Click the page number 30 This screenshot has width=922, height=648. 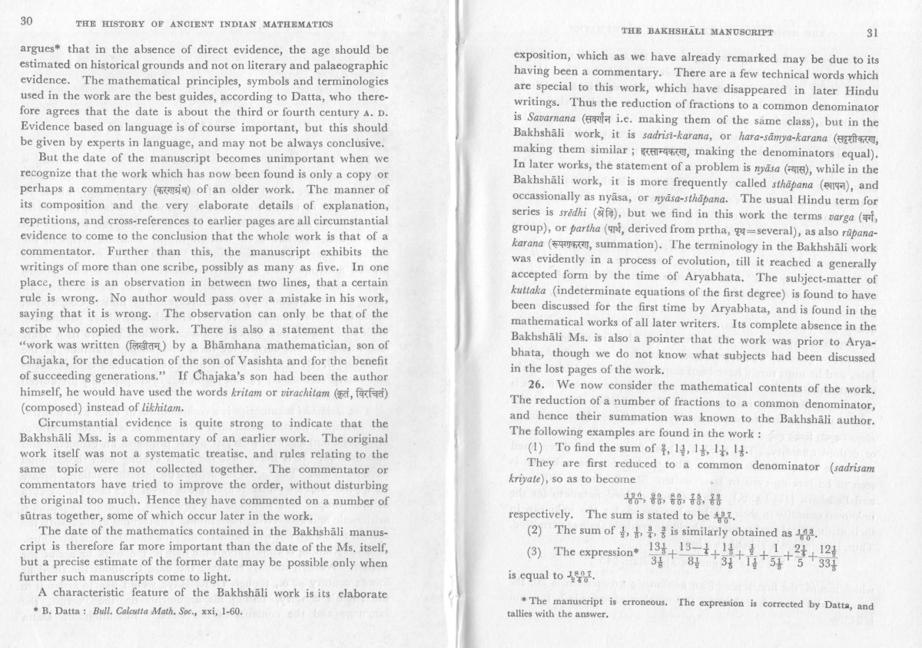pyautogui.click(x=30, y=22)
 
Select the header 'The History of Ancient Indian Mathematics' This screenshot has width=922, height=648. pyautogui.click(x=204, y=24)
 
